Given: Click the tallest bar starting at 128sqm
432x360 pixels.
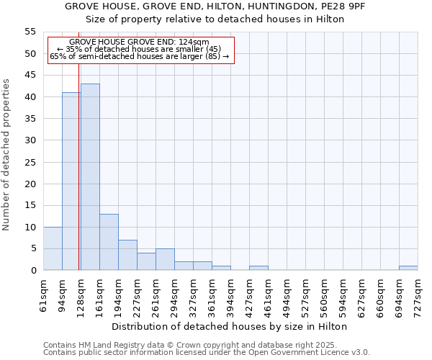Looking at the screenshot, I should (90, 177).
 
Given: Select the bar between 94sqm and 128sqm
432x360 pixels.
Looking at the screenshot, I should (71, 181).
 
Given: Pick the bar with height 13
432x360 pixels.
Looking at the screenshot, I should (109, 242).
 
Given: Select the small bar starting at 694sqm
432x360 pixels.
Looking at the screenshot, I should (408, 268).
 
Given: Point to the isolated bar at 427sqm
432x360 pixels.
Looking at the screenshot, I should (258, 268).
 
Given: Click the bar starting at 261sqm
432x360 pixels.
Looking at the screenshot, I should (165, 259).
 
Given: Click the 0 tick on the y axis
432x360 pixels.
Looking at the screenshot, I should (33, 270).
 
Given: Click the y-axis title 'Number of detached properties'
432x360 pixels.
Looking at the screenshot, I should (6, 155).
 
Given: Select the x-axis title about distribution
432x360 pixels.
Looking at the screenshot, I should (230, 326).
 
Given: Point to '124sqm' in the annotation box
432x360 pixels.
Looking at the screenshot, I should (194, 42).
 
